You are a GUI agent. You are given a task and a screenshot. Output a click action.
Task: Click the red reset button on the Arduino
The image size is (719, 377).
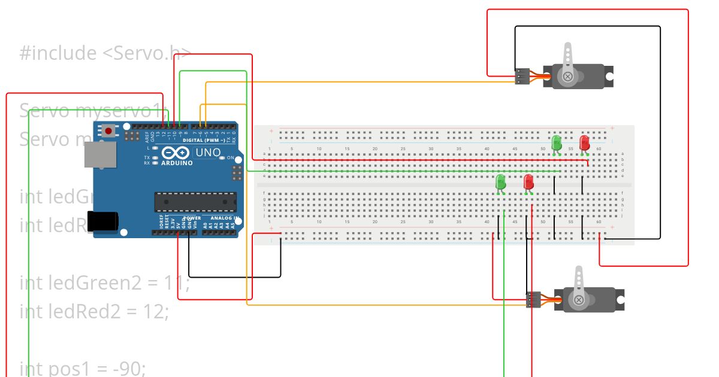click(x=108, y=130)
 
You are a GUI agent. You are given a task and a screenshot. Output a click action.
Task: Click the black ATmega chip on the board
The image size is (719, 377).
click(x=195, y=202)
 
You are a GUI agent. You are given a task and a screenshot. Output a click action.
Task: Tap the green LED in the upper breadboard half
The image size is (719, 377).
click(x=556, y=142)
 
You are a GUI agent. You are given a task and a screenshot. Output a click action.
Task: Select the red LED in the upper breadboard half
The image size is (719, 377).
click(x=584, y=142)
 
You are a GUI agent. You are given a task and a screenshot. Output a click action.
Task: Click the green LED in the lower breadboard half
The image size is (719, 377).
click(x=501, y=182)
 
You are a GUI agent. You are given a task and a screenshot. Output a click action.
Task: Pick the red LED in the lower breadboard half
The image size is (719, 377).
click(x=528, y=182)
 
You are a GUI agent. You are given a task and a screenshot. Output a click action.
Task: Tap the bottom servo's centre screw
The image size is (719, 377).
click(x=579, y=299)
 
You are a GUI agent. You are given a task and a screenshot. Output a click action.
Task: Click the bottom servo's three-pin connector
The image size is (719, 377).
click(x=533, y=299)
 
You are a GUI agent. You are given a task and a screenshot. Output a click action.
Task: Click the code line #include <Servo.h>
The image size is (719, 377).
click(x=105, y=53)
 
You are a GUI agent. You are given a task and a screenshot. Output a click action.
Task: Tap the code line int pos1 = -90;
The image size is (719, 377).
click(x=83, y=368)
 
